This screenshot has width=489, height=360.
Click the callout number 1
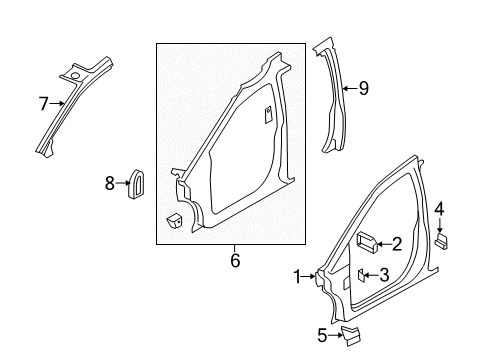297,277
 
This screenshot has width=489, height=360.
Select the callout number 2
397,244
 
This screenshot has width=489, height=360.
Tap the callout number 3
384,275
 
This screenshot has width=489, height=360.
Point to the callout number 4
439,210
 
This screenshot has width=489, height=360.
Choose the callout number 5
322,335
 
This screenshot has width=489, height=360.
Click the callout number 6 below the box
235,260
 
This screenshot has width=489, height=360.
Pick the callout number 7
43,104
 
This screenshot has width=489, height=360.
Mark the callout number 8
110,183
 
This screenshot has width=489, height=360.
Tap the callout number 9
364,89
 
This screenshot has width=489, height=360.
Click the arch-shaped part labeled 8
136,184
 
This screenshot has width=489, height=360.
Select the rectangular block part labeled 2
367,242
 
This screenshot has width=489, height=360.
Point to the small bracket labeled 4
442,241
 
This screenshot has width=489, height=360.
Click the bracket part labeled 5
350,336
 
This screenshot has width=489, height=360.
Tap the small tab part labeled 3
361,275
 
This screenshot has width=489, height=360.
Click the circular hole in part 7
75,76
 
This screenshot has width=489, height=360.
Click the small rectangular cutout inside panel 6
268,115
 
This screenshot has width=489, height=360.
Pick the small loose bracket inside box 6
174,220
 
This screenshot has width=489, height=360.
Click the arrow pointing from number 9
350,88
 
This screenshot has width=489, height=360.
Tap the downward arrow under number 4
440,225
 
